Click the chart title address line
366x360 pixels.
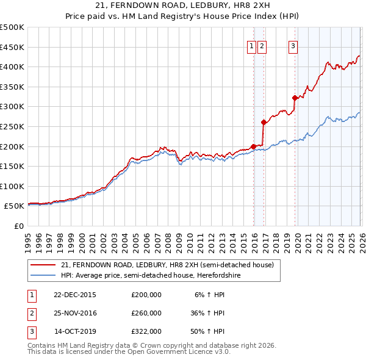pyautogui.click(x=182, y=6)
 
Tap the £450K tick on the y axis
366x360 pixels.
pyautogui.click(x=12, y=47)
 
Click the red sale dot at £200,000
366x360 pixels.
pyautogui.click(x=253, y=146)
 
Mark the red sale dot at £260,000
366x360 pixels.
pyautogui.click(x=263, y=122)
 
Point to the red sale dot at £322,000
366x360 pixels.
pyautogui.click(x=295, y=98)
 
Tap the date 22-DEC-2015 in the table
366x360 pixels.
pyautogui.click(x=75, y=295)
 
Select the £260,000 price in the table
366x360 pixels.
pyautogui.click(x=146, y=313)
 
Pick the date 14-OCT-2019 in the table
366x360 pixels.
pyautogui.click(x=75, y=331)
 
